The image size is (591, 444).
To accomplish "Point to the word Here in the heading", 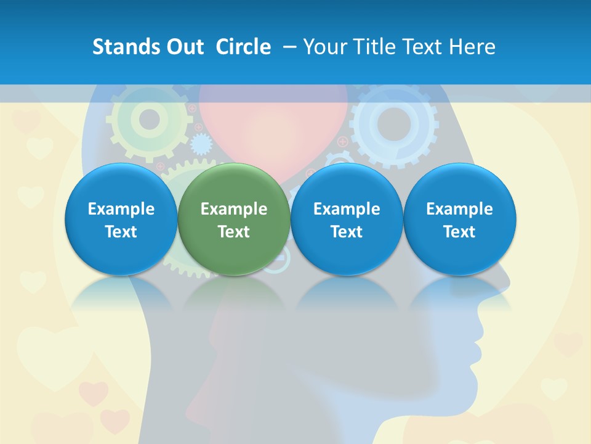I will coord(472,47).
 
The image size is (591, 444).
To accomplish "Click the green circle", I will coord(234,220).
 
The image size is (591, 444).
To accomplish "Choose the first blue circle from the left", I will coord(121,220).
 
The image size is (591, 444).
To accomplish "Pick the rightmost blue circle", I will coord(459,220).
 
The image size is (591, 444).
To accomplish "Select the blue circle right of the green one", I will coord(347,220).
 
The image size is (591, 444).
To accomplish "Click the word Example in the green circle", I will coord(234,209).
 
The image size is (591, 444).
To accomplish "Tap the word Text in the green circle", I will coord(234,232).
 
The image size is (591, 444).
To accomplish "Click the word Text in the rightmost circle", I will coord(459,232).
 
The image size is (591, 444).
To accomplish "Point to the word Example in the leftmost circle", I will coord(121,209).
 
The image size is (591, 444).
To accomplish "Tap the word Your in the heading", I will coord(324,47).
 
